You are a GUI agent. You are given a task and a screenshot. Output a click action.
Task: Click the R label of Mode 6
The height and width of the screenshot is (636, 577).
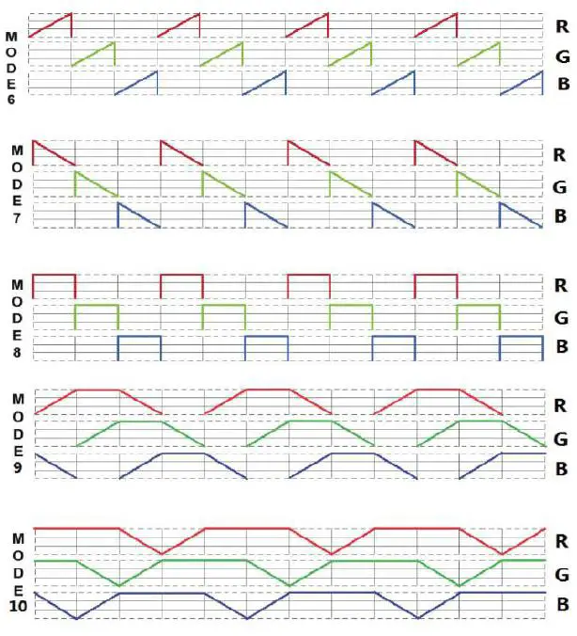561,24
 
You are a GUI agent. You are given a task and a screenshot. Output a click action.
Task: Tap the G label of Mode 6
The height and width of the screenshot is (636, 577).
562,56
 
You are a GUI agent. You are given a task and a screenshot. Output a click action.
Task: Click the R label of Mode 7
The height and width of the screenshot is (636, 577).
561,154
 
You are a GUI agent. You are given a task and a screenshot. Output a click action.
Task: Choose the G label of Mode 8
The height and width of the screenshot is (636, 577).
562,316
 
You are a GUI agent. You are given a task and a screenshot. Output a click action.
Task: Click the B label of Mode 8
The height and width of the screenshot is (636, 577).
562,347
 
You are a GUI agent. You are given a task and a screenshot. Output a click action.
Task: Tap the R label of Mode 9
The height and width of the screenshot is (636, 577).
561,406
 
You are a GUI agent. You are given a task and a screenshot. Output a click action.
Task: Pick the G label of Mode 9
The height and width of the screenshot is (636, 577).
562,438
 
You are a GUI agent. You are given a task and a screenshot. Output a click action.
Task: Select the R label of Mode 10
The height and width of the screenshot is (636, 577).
561,541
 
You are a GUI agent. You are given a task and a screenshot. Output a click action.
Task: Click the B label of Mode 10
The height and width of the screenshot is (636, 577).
562,604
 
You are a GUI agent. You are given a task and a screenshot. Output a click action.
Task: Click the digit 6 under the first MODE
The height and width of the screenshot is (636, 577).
10,99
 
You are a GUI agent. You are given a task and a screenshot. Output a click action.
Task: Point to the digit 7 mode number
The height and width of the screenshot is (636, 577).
17,218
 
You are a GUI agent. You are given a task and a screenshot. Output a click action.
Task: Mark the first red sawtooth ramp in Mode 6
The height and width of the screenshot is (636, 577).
50,25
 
